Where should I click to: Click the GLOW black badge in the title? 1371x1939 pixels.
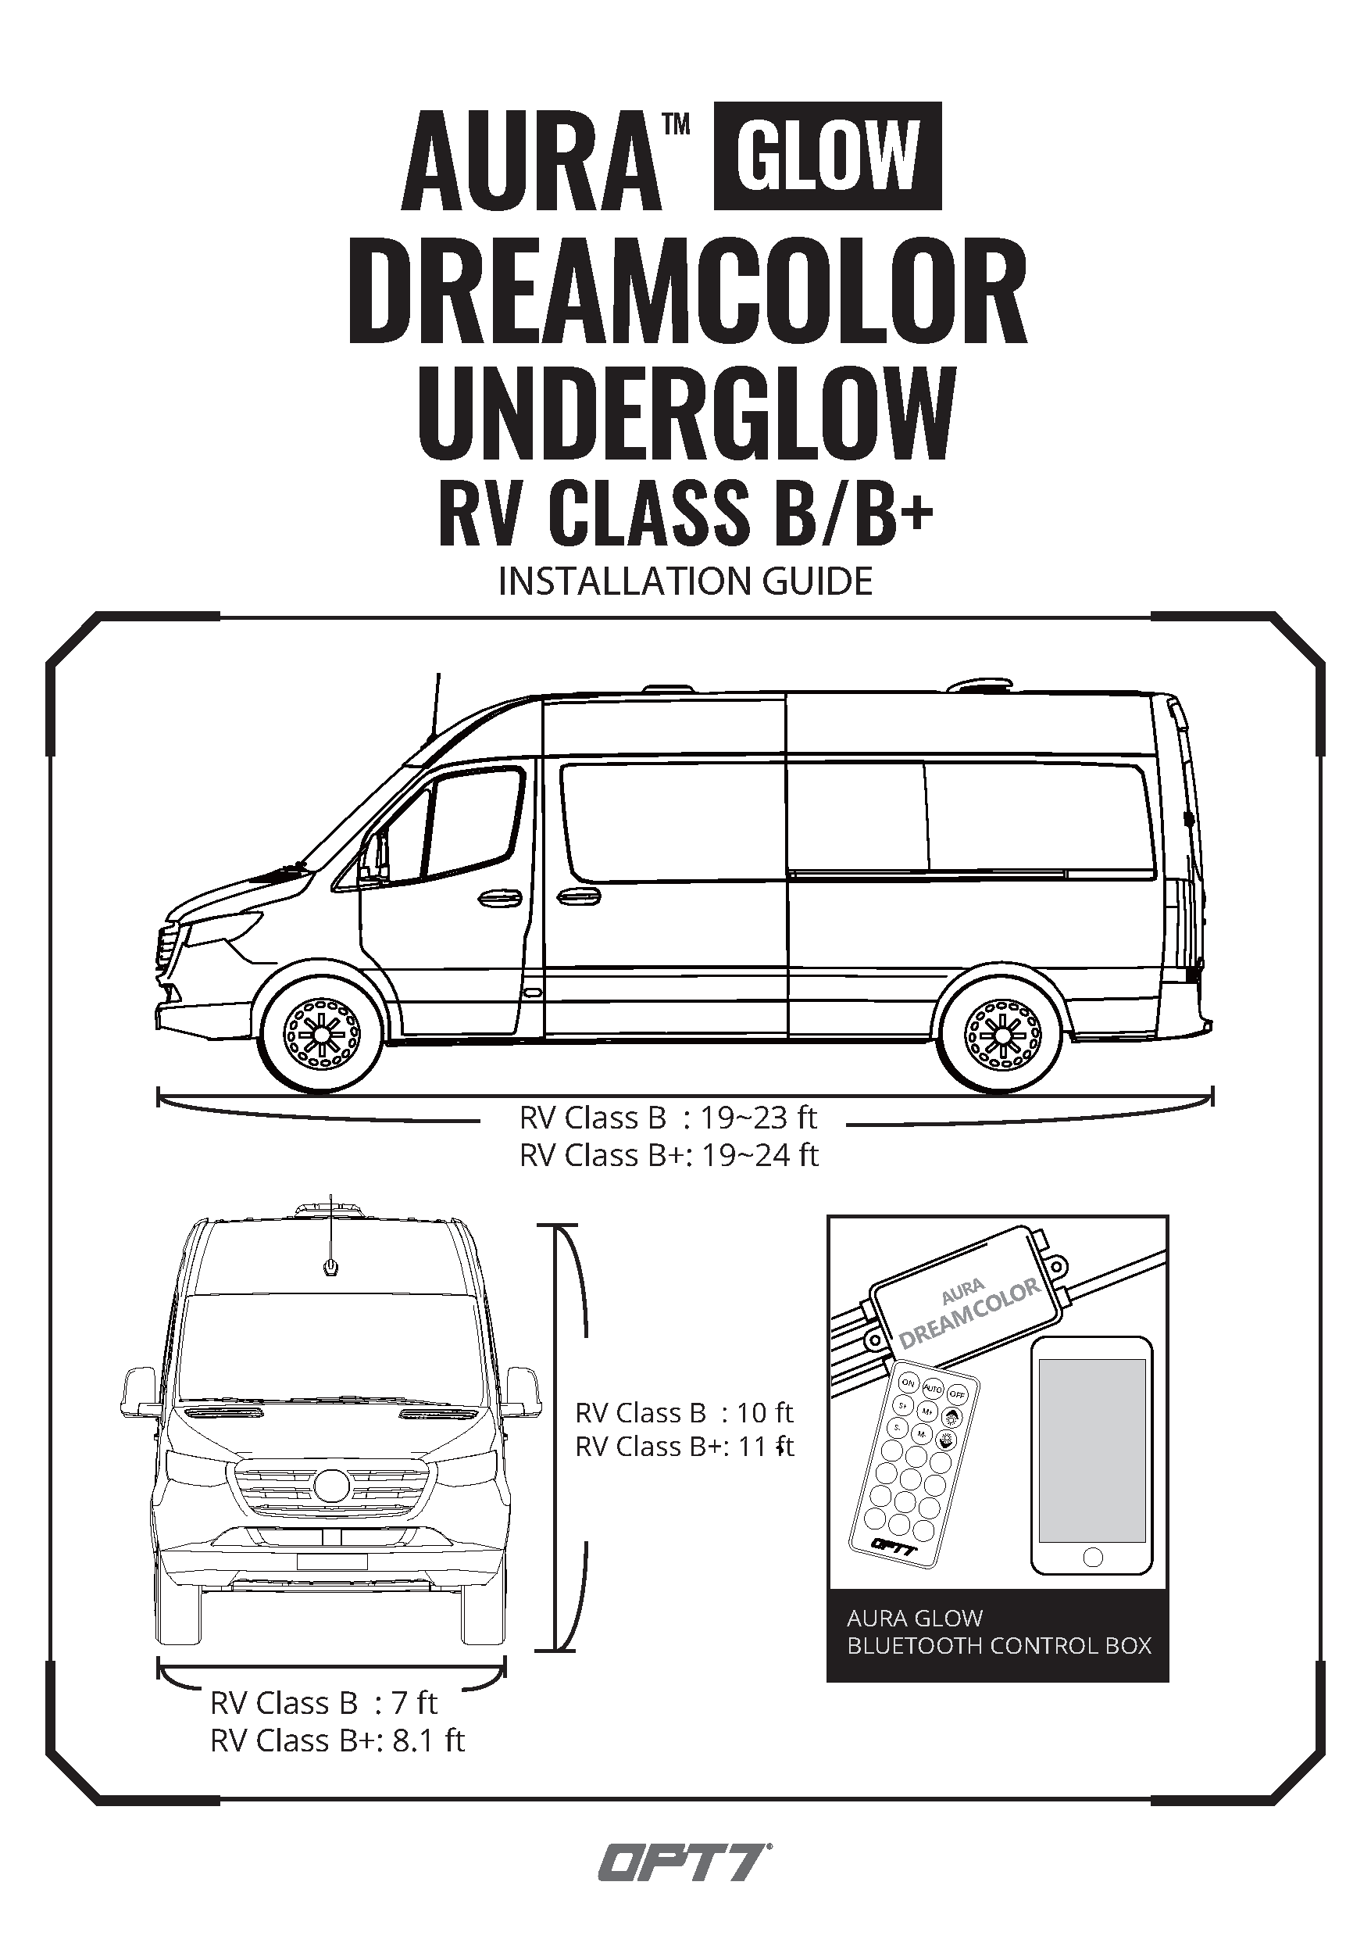[x=827, y=156]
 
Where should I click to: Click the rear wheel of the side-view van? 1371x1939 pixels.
[x=1002, y=1035]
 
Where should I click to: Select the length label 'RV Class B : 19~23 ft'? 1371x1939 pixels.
[x=668, y=1118]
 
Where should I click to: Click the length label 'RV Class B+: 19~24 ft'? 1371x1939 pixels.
[x=669, y=1154]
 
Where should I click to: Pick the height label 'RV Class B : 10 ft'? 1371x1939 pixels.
[x=684, y=1412]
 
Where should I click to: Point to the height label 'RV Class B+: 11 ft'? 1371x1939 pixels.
[x=684, y=1447]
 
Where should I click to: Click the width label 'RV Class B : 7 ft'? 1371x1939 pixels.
[x=323, y=1704]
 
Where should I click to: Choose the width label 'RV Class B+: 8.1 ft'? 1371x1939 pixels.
[x=337, y=1740]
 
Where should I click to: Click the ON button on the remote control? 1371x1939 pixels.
[x=908, y=1383]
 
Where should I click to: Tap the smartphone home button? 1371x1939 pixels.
[x=1091, y=1556]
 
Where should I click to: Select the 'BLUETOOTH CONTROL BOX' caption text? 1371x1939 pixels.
[x=998, y=1645]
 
